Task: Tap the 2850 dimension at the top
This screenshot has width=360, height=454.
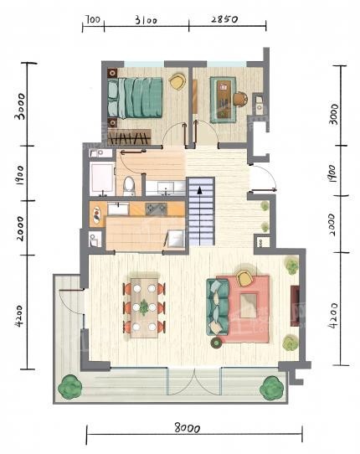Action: click(x=224, y=19)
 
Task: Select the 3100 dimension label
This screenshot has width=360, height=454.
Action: click(x=147, y=20)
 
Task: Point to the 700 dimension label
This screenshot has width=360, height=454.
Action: click(x=92, y=19)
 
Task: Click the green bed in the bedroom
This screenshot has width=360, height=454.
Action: click(x=135, y=98)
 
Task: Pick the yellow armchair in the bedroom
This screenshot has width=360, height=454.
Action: click(x=177, y=81)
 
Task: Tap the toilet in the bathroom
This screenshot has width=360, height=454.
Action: click(x=129, y=186)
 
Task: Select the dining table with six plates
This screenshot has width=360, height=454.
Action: click(x=144, y=308)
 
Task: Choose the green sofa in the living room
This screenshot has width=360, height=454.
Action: click(x=218, y=307)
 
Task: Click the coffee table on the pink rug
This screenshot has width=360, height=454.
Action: click(x=249, y=305)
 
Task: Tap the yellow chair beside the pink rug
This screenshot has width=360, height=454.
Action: click(x=245, y=278)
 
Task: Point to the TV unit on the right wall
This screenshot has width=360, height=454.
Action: click(x=295, y=307)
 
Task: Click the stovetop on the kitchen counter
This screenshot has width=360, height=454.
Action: click(x=156, y=209)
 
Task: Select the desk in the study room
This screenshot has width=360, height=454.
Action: click(x=224, y=100)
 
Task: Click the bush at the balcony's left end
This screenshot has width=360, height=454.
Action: click(x=70, y=387)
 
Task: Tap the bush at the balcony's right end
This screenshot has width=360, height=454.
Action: click(x=271, y=388)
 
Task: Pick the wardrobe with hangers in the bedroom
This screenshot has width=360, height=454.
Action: click(x=130, y=137)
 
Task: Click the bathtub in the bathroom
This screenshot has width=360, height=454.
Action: click(x=101, y=178)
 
